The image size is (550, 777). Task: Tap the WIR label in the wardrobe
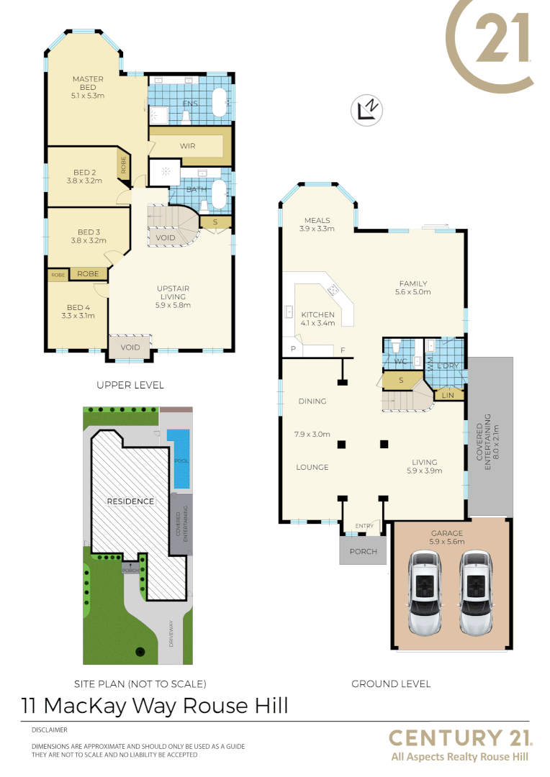(189, 145)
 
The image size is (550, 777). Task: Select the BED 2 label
(85, 173)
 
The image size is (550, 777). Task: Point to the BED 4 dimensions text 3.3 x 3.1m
(78, 315)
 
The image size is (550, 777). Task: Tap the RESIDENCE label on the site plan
(130, 501)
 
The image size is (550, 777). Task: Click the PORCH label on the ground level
(364, 553)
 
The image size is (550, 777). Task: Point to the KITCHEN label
(317, 314)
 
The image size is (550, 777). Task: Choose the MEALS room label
(317, 220)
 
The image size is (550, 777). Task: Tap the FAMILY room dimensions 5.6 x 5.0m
(412, 292)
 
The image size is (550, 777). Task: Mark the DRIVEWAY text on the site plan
(171, 634)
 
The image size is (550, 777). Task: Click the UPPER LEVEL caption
(130, 385)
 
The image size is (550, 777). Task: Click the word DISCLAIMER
(49, 730)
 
